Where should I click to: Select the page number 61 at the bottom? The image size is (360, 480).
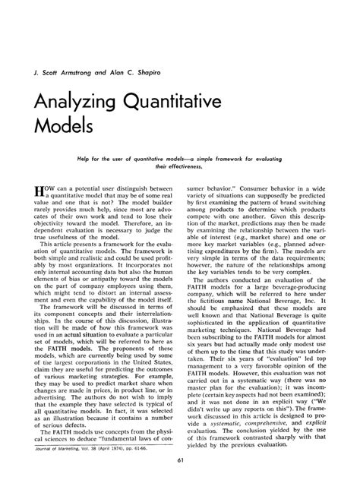point(180,462)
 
